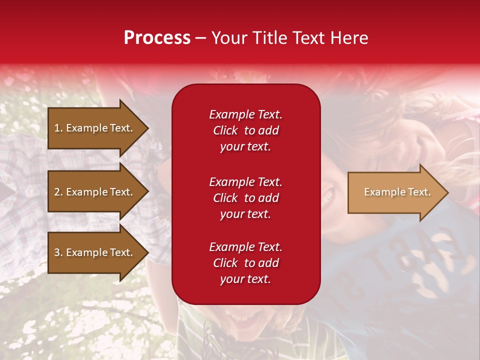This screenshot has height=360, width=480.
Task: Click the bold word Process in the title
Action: (157, 38)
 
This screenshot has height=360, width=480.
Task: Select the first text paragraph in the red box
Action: (245, 130)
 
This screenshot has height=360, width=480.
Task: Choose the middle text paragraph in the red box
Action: (245, 198)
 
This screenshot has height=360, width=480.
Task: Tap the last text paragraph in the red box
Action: (245, 263)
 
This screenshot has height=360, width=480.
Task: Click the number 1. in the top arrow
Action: (58, 128)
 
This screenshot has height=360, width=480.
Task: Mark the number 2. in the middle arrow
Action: (58, 192)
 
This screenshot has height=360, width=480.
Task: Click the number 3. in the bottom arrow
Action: (58, 252)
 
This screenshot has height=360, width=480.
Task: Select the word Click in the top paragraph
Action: (225, 130)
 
